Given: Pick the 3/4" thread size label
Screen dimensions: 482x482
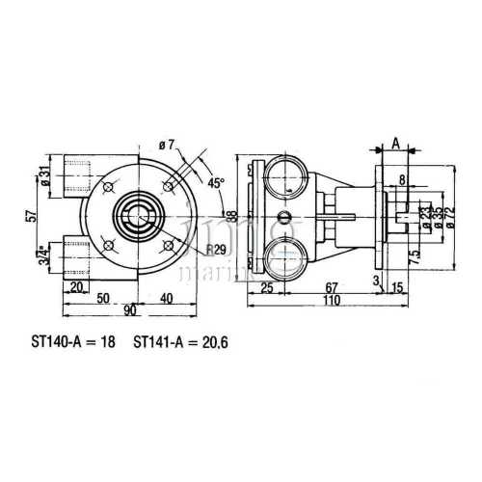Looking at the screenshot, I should (44, 255).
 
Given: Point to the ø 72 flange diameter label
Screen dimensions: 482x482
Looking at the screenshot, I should (448, 217).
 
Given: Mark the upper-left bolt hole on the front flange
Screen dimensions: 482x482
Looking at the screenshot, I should (100, 180).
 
